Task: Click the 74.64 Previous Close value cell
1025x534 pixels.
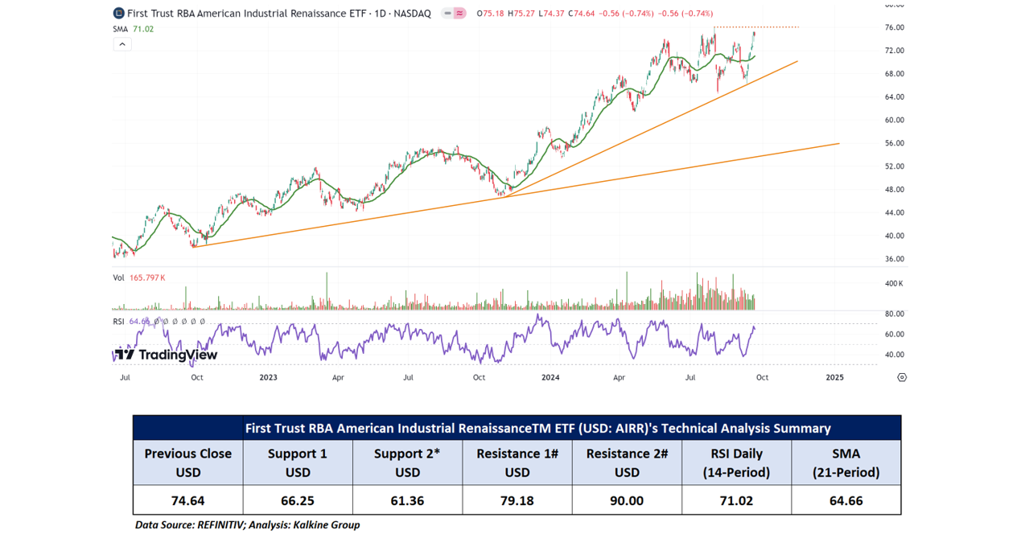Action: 187,500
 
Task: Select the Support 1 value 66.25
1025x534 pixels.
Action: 298,500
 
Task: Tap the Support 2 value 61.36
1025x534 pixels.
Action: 407,500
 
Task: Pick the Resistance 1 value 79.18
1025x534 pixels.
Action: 517,500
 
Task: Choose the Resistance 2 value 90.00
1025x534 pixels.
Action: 627,500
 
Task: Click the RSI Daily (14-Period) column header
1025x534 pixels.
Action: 736,462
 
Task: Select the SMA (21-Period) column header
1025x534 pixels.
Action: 846,462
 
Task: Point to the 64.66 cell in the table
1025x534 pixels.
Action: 846,500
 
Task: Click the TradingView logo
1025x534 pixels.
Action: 166,355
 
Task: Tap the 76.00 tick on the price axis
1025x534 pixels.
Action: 895,27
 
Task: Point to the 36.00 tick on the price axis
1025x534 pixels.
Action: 895,259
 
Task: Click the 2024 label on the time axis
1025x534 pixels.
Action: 550,377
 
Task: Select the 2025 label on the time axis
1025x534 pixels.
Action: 834,377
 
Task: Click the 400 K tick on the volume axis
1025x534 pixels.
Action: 894,284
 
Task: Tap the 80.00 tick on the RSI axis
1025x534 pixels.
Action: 895,314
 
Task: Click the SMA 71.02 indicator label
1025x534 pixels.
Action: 134,29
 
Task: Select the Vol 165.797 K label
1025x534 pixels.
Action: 139,277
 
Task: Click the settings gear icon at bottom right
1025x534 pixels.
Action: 902,377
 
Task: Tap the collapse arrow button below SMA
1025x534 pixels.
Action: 121,44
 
